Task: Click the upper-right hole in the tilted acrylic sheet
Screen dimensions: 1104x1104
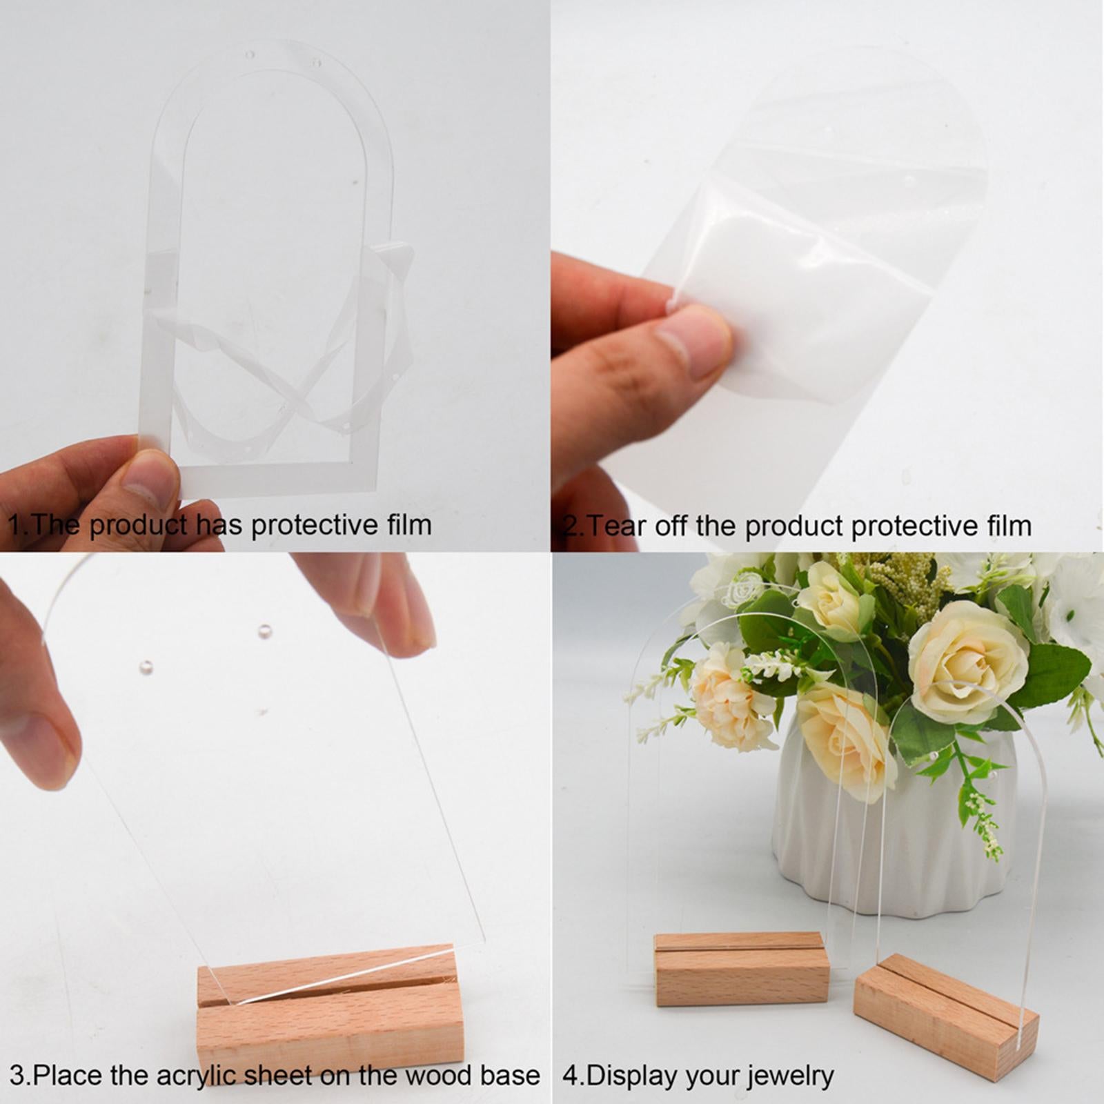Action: pos(264,630)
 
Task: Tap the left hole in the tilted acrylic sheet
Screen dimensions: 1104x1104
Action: pos(146,667)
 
